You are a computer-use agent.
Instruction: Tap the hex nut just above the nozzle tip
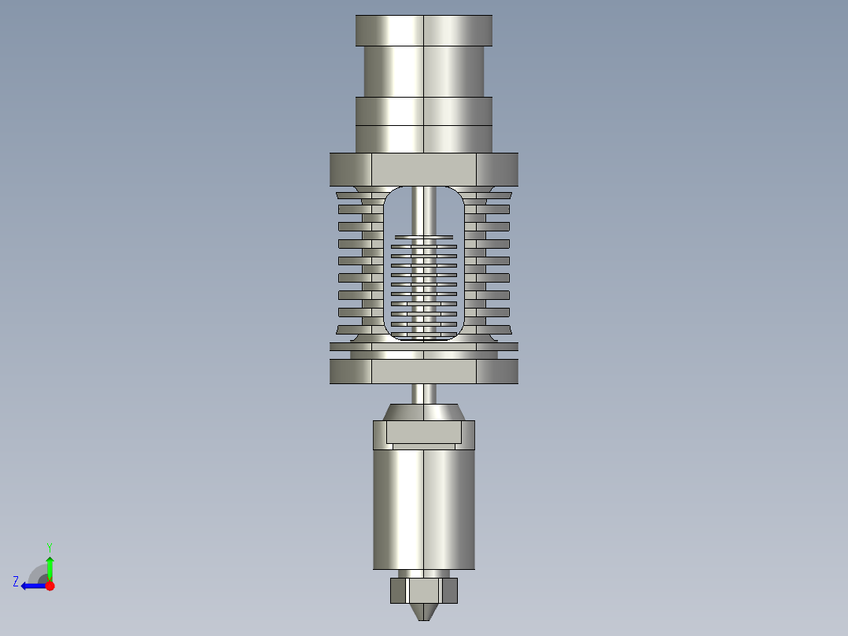(x=424, y=590)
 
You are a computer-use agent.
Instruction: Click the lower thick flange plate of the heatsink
(x=424, y=371)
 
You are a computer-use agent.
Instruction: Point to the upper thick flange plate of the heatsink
(x=424, y=168)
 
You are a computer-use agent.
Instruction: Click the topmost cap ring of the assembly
(x=424, y=30)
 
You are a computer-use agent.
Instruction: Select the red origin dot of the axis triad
(x=50, y=586)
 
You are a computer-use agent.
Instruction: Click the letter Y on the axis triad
(x=50, y=546)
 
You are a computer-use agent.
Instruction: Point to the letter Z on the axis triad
(x=16, y=582)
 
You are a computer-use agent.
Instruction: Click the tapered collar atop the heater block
(x=424, y=412)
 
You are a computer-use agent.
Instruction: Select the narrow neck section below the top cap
(x=424, y=71)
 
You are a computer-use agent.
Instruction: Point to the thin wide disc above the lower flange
(x=424, y=346)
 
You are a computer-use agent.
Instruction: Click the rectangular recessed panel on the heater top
(x=422, y=431)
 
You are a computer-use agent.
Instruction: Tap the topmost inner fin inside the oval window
(x=424, y=236)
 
